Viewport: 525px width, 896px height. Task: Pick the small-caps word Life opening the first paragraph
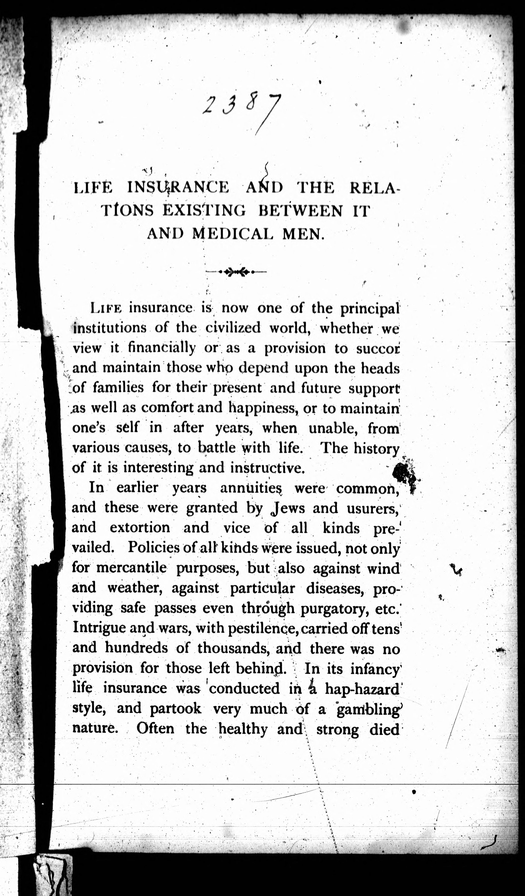pos(106,308)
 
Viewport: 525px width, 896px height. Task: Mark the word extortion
pos(140,528)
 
